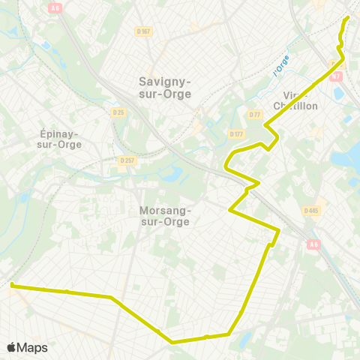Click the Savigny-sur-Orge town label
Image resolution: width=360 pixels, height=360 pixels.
pos(165,88)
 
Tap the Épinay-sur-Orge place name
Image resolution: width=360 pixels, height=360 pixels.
pos(59,139)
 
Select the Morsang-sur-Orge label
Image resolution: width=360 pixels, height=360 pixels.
pos(165,216)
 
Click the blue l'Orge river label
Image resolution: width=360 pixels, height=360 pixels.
pos(281,67)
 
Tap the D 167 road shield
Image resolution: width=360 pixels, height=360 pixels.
pos(144,31)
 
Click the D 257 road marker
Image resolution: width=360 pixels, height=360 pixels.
pos(125,160)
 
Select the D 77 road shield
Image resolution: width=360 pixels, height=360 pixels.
pos(255,114)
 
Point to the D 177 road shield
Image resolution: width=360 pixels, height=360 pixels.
pos(238,133)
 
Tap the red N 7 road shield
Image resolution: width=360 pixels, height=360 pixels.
pos(336,76)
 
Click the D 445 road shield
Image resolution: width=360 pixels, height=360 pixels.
pos(312,211)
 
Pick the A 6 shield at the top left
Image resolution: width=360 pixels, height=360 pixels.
pos(55,8)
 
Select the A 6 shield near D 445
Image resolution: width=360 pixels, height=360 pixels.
pos(313,243)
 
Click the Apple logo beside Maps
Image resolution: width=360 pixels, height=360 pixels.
pos(11,347)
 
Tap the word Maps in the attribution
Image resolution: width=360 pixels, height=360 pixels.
pos(33,347)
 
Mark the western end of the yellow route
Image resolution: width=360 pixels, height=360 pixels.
pos(11,284)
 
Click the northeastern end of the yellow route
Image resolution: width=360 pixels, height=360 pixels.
pos(348,17)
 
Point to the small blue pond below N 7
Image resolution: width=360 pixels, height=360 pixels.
pos(338,94)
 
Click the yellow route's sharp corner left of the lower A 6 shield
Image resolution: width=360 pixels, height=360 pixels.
pos(279,229)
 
